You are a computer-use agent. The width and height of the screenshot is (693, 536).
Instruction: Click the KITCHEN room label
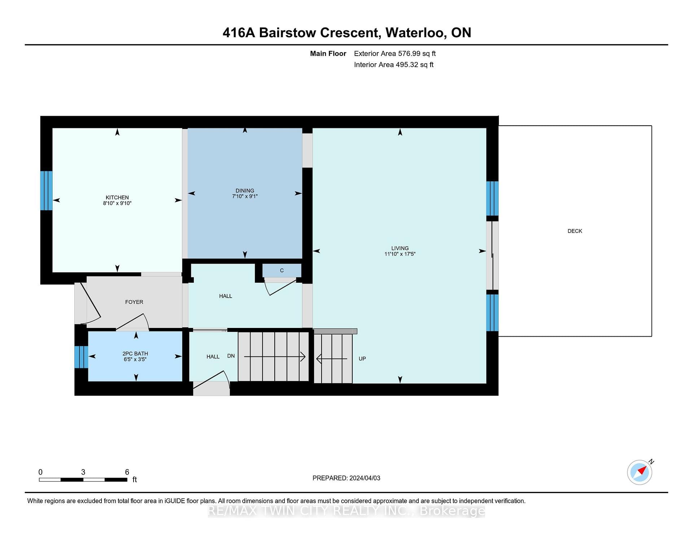[117, 197]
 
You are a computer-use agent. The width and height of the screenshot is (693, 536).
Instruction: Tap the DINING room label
[245, 190]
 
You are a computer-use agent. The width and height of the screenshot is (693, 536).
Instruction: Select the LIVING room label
[400, 248]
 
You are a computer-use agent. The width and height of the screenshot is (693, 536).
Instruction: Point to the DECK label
[575, 231]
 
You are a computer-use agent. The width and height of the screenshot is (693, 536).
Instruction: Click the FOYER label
[134, 302]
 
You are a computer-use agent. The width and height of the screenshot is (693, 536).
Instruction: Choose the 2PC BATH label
[135, 354]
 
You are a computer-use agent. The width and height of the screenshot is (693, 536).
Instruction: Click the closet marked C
[282, 270]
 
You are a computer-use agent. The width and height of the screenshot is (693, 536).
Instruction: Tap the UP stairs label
[362, 359]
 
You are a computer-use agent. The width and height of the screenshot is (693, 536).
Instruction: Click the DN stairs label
[231, 356]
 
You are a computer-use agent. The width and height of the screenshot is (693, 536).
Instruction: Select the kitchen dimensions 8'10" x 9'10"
[117, 203]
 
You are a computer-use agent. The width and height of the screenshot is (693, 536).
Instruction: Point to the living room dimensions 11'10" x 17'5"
[400, 254]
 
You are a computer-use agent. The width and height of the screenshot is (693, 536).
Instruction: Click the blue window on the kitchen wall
[46, 190]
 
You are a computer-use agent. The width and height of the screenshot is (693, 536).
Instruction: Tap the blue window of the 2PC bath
[81, 357]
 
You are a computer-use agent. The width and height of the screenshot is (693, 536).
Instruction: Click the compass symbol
[640, 472]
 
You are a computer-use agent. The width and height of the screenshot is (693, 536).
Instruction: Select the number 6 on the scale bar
[127, 472]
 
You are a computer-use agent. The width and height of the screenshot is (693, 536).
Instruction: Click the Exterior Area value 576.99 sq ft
[417, 53]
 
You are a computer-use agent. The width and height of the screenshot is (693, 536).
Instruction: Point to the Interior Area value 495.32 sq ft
[414, 65]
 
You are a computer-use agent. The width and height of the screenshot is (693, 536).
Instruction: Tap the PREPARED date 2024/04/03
[365, 478]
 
